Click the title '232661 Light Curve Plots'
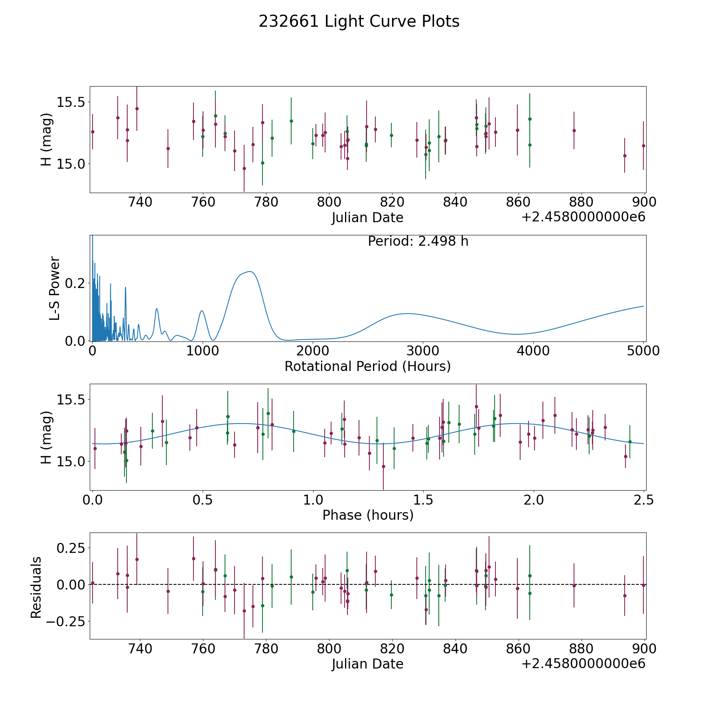359,22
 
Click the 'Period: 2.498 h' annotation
418,241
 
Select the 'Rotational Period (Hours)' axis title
367,366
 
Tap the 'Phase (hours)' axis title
368,515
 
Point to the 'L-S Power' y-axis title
55,288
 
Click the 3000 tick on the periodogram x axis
423,351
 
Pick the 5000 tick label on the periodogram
643,351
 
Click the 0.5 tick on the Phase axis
203,500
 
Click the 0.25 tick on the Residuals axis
72,548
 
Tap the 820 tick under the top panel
392,202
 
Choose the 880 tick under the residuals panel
581,649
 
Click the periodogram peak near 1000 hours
202,311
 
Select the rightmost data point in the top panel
643,146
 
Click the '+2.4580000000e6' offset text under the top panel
583,217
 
